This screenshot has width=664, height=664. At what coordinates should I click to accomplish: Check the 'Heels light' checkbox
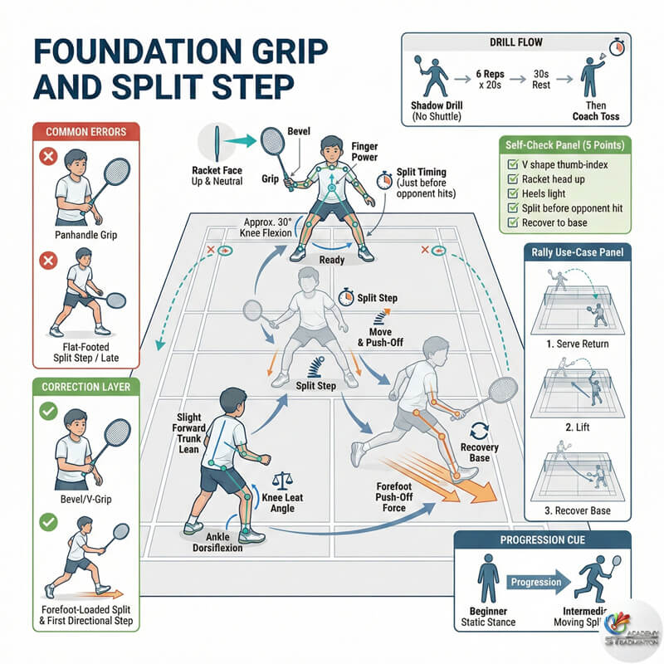513,192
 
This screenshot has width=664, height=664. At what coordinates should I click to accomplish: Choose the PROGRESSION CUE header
543,542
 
